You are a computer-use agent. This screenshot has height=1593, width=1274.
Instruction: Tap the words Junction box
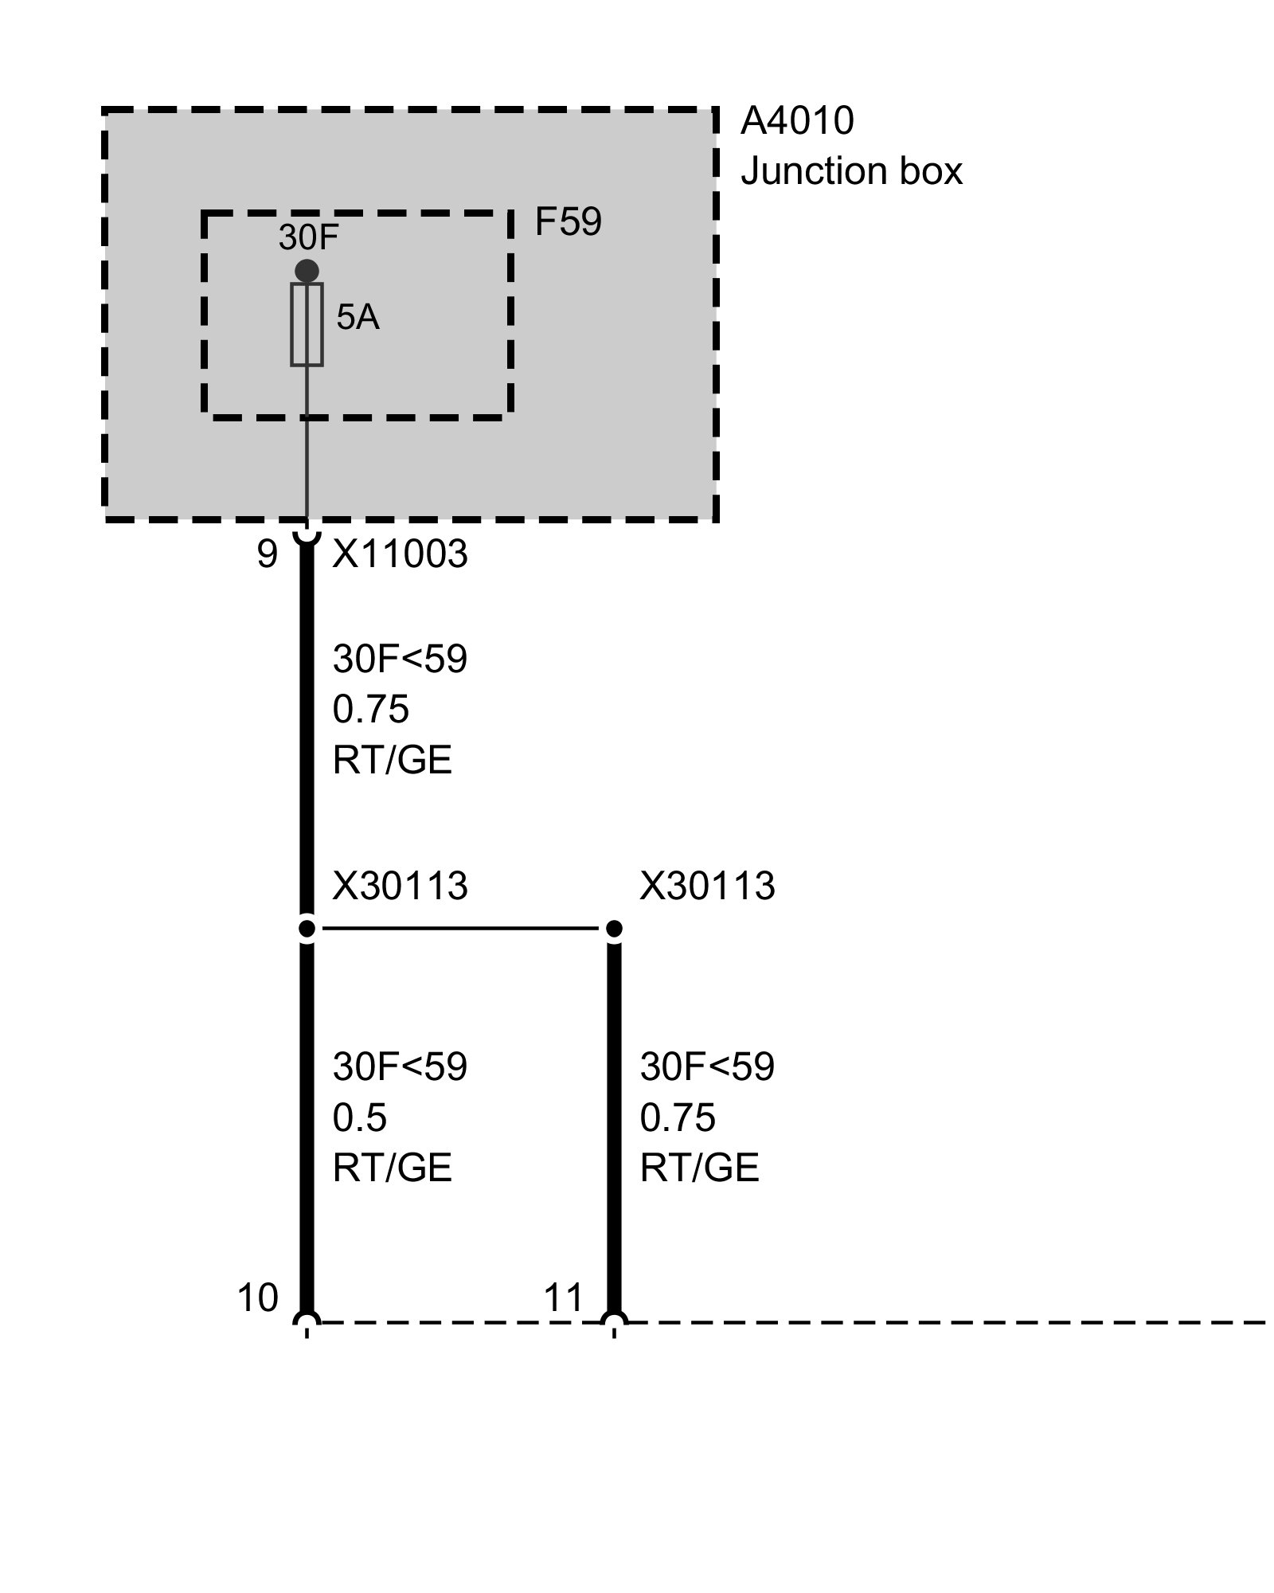pyautogui.click(x=850, y=171)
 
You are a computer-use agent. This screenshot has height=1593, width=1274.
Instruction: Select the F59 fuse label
pyautogui.click(x=568, y=222)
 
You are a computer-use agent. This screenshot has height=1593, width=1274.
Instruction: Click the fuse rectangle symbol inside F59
pyautogui.click(x=307, y=324)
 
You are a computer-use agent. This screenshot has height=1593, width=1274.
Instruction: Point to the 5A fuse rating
pyautogui.click(x=358, y=318)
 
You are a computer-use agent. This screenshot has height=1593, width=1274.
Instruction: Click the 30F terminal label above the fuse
pyautogui.click(x=309, y=237)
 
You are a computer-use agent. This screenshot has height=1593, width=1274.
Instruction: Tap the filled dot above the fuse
pyautogui.click(x=307, y=271)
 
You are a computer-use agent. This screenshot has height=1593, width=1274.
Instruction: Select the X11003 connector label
pyautogui.click(x=400, y=554)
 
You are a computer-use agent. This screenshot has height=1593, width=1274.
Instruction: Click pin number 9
pyautogui.click(x=268, y=554)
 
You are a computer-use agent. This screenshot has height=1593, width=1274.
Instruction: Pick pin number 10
pyautogui.click(x=258, y=1298)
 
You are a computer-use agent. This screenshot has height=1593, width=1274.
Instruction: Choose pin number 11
pyautogui.click(x=564, y=1298)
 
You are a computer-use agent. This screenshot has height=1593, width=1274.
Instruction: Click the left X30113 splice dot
pyautogui.click(x=307, y=928)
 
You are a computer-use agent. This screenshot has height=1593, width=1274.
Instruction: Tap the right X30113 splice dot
pyautogui.click(x=614, y=928)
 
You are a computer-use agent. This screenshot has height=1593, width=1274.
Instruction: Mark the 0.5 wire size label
pyautogui.click(x=360, y=1118)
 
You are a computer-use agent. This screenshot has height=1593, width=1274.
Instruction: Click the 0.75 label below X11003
pyautogui.click(x=370, y=709)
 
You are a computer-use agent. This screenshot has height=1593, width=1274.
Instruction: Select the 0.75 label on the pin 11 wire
pyautogui.click(x=678, y=1118)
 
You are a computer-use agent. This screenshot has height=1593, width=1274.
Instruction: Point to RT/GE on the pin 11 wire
pyautogui.click(x=699, y=1168)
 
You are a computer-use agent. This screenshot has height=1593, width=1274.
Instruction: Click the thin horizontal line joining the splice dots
pyautogui.click(x=460, y=928)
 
